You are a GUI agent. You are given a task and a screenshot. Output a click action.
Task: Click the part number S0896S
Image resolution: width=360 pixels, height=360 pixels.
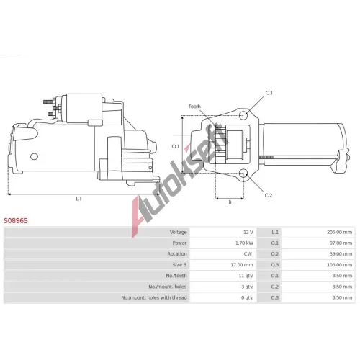click(16, 220)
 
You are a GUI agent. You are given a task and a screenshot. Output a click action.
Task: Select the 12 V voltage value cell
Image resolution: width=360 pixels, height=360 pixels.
click(248, 232)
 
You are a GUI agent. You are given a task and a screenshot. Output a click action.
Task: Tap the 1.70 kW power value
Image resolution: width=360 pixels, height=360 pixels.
click(244, 243)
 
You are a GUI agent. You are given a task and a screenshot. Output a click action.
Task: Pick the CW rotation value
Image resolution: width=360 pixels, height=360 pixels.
click(248, 254)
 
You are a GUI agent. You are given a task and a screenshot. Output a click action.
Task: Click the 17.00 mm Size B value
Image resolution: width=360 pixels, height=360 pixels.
click(242, 265)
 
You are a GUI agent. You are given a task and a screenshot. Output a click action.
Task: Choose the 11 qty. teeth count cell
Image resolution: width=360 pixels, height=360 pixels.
click(246, 276)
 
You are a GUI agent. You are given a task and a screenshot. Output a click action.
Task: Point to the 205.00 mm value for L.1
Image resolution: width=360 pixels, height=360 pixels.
click(339, 232)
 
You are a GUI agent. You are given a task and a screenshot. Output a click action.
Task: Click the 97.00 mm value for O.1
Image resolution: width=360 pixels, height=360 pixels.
click(341, 243)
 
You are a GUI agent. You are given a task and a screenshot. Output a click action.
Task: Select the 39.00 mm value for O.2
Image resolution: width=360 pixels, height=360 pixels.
click(341, 254)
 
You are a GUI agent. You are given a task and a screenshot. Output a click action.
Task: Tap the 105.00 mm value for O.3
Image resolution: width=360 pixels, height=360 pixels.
click(339, 265)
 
